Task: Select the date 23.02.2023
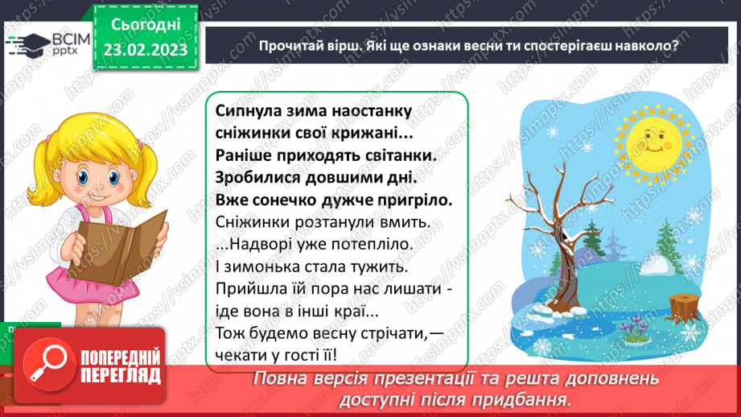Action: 146,50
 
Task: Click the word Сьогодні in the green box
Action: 146,25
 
